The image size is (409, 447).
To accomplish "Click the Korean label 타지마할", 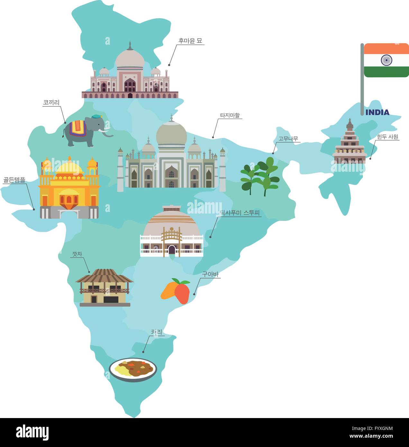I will (230, 115).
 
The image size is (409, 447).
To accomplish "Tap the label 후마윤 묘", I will (190, 41).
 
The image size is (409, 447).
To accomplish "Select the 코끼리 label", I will (51, 103).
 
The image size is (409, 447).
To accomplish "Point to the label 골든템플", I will (14, 180).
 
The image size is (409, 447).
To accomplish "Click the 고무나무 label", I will (288, 139).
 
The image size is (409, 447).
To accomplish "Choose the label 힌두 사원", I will (387, 137).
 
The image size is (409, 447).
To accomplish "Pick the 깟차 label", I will (77, 254).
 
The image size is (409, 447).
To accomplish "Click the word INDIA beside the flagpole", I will (377, 112).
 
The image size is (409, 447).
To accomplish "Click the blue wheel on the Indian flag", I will (386, 60).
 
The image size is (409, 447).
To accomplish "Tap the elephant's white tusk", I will (104, 131).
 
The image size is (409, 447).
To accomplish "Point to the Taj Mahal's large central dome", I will (171, 134).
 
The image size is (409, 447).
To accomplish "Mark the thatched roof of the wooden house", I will (104, 276).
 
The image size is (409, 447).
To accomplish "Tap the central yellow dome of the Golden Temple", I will (69, 168).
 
